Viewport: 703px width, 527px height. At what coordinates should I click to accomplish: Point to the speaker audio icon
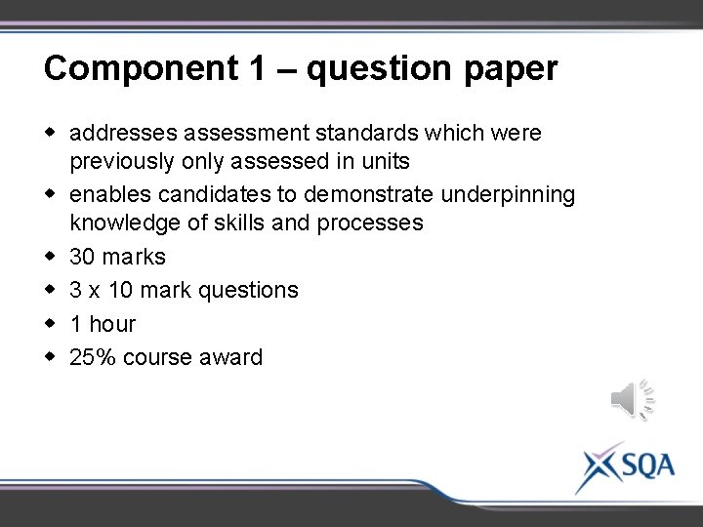point(631,398)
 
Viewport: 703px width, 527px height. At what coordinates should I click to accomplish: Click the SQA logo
point(625,466)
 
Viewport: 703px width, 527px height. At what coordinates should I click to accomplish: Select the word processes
point(370,223)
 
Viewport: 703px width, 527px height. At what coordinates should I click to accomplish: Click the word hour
point(112,323)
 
